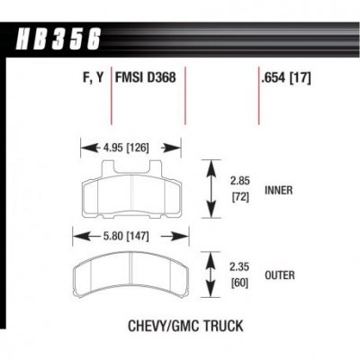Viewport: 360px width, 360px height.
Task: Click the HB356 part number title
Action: (58, 40)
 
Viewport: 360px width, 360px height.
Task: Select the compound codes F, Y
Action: (93, 78)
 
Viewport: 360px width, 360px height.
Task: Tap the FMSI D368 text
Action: (145, 77)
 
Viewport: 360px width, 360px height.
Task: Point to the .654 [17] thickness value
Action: (286, 78)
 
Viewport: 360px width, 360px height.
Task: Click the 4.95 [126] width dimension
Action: (126, 148)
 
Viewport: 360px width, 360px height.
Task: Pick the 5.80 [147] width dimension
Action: (125, 237)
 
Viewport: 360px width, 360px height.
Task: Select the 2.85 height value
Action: (240, 181)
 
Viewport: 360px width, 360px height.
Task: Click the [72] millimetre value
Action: (240, 197)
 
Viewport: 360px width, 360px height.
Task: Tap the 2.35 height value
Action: (239, 266)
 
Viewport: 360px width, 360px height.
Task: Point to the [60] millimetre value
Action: (240, 283)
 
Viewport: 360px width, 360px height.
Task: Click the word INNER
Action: (278, 190)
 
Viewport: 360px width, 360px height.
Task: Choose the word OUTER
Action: (280, 275)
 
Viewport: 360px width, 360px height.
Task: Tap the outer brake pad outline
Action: (131, 274)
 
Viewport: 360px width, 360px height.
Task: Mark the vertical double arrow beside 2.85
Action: (211, 189)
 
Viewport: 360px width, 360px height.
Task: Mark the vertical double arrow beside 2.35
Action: (211, 275)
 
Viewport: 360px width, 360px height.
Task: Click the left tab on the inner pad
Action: (108, 168)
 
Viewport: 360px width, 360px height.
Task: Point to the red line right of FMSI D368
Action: (185, 95)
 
